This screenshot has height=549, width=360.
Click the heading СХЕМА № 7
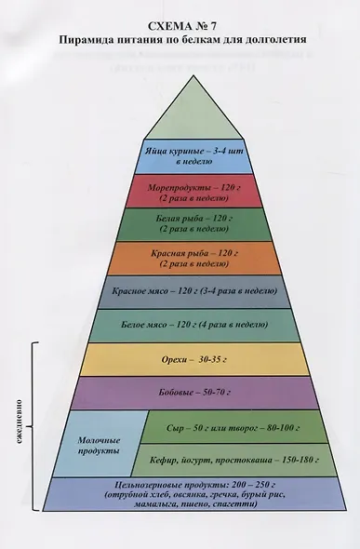(x=182, y=26)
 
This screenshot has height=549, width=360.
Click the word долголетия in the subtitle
(x=276, y=40)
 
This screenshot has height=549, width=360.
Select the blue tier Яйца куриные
(x=193, y=156)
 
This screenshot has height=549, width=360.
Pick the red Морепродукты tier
(x=193, y=192)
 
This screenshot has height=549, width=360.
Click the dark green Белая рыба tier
(x=193, y=224)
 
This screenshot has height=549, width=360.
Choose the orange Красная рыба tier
(x=193, y=258)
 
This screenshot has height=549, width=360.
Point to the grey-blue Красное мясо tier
(x=193, y=291)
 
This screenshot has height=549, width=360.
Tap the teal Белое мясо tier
(x=193, y=326)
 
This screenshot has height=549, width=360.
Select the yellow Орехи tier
(x=193, y=359)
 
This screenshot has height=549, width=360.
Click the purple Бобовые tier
(x=193, y=393)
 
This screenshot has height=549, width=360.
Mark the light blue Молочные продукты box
(x=100, y=444)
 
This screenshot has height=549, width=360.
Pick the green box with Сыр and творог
(x=233, y=427)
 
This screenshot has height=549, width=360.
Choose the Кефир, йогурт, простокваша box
(x=234, y=460)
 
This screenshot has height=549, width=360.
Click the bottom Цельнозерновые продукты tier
(x=194, y=494)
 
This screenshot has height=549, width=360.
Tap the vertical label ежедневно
(x=20, y=422)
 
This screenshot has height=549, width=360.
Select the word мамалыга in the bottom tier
(x=153, y=504)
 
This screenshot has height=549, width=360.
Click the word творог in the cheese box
(x=243, y=428)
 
